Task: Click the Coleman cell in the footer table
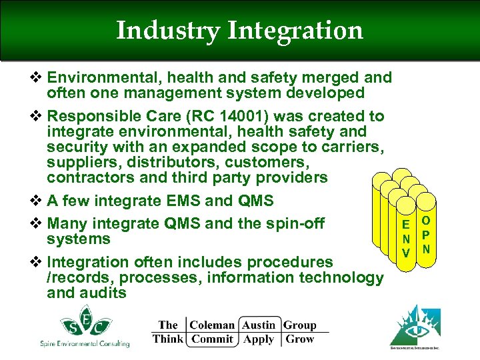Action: tap(212, 325)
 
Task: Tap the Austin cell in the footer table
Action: tap(259, 325)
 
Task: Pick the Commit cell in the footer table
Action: tap(212, 339)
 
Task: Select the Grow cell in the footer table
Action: tap(299, 339)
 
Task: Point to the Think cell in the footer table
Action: tap(167, 339)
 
